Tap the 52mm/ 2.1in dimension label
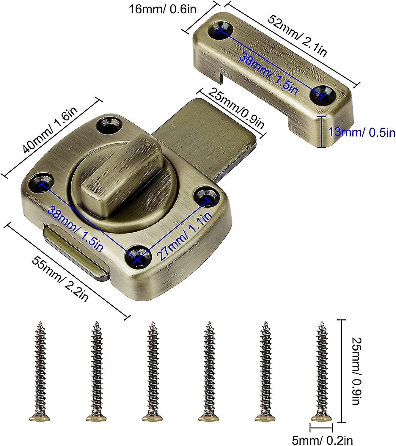coord(297,35)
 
